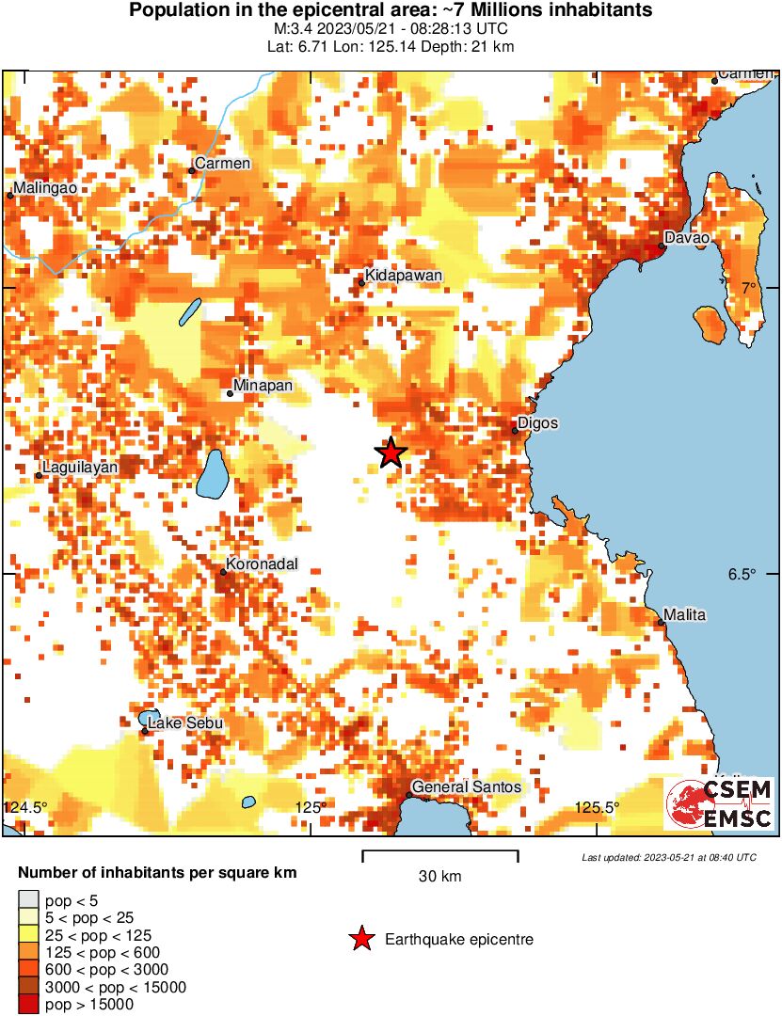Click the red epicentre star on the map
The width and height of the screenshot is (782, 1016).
[x=391, y=452]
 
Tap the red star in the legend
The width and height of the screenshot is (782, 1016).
[x=360, y=939]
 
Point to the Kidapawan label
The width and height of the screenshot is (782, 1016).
[x=403, y=275]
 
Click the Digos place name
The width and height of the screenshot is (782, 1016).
[x=538, y=423]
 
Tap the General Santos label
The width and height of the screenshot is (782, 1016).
[x=467, y=786]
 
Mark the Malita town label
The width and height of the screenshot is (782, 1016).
[x=684, y=615]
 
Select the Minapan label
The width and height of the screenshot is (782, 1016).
[x=263, y=386]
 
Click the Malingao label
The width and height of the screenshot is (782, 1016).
[x=45, y=187]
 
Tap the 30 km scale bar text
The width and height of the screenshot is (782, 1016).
[x=439, y=877]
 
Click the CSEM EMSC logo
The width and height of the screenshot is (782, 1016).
[x=720, y=804]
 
